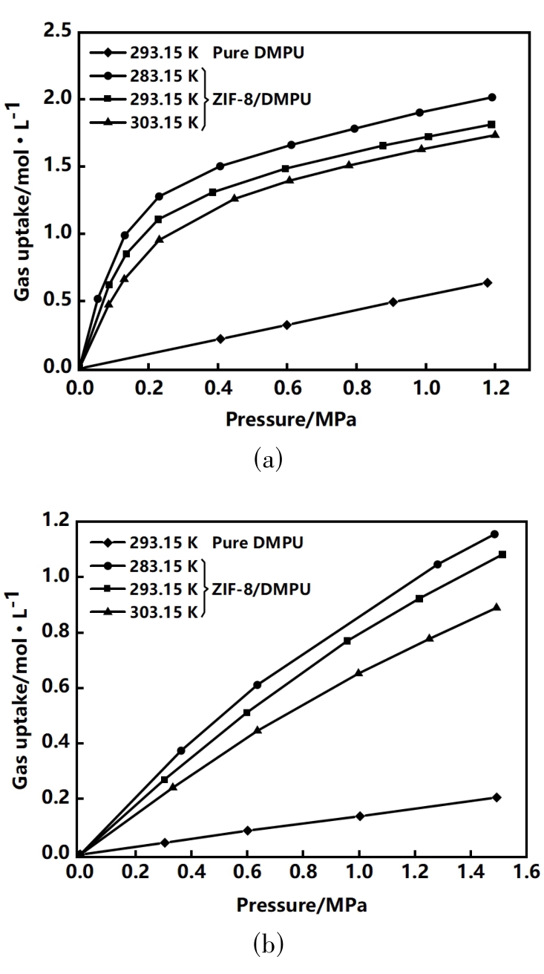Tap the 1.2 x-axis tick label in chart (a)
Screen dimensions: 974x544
click(x=494, y=388)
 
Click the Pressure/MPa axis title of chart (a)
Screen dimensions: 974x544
click(x=291, y=420)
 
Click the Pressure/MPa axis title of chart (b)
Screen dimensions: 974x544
click(x=302, y=906)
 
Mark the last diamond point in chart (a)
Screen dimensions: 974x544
click(x=488, y=282)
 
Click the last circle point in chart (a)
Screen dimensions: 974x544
click(x=492, y=97)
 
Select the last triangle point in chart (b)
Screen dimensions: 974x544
click(x=497, y=607)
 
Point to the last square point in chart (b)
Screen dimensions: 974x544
click(x=502, y=554)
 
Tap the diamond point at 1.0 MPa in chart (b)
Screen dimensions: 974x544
click(x=360, y=816)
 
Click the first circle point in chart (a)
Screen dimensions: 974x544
click(x=97, y=299)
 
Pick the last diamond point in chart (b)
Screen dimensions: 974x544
click(x=496, y=797)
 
